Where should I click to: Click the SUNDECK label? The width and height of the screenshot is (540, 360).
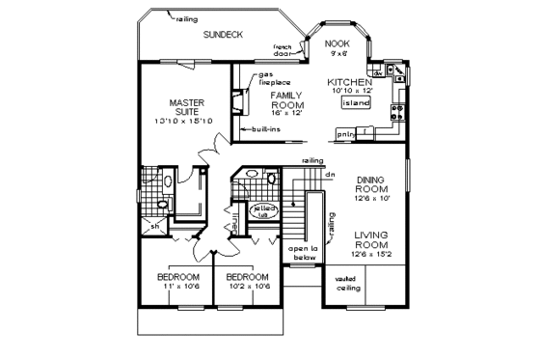pyautogui.click(x=222, y=34)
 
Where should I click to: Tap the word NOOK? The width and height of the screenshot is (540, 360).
pyautogui.click(x=337, y=43)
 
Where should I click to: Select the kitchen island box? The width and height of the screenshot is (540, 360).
pyautogui.click(x=357, y=101)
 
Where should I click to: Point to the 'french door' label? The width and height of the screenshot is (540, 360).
pyautogui.click(x=283, y=50)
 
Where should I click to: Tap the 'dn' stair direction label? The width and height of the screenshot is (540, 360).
pyautogui.click(x=329, y=175)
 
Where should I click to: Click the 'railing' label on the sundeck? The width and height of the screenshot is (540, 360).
pyautogui.click(x=186, y=17)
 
